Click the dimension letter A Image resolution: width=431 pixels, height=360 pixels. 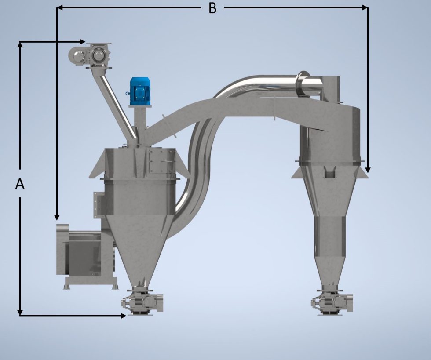(x=20, y=184)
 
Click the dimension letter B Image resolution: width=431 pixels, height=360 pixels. (x=212, y=8)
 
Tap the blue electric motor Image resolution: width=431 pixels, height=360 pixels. (x=140, y=91)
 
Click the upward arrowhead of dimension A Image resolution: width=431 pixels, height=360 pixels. (x=20, y=44)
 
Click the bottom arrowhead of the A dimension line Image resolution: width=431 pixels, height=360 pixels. (x=20, y=313)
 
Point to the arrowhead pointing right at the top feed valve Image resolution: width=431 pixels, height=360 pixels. (x=82, y=41)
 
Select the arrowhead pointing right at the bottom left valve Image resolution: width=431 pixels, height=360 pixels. (x=124, y=316)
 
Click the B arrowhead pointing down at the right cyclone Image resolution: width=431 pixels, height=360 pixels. (x=368, y=170)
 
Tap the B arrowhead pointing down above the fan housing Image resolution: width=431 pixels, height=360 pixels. (x=57, y=217)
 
